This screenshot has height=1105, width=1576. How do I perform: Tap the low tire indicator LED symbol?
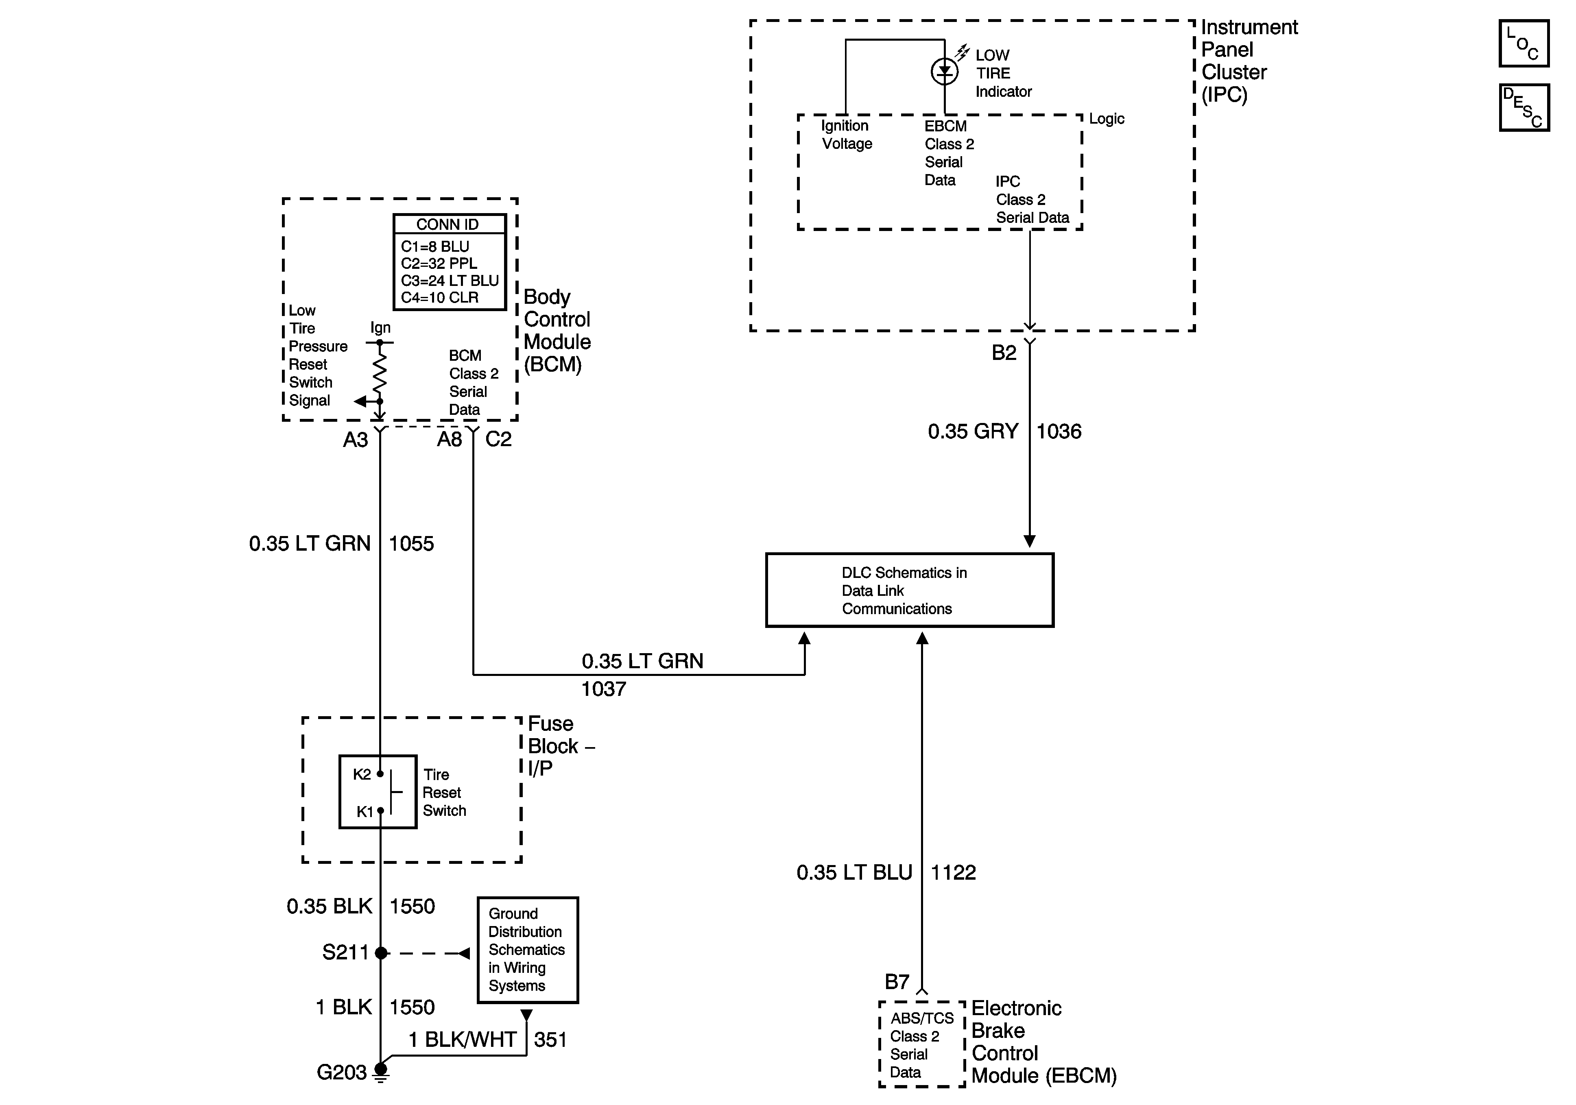pyautogui.click(x=945, y=71)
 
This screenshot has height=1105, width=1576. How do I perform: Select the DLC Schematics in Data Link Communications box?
pyautogui.click(x=910, y=590)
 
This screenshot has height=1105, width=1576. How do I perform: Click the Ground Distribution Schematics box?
pyautogui.click(x=528, y=950)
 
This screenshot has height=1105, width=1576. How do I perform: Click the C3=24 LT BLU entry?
pyautogui.click(x=450, y=281)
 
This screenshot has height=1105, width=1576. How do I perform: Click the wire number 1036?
pyautogui.click(x=1059, y=431)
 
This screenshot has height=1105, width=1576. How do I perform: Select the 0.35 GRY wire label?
pyautogui.click(x=973, y=431)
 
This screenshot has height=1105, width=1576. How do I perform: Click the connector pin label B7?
pyautogui.click(x=897, y=982)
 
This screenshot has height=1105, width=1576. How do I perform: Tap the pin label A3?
pyautogui.click(x=356, y=440)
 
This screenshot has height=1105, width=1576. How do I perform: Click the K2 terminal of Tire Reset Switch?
pyautogui.click(x=380, y=774)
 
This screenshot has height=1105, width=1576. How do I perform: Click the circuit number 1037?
pyautogui.click(x=603, y=689)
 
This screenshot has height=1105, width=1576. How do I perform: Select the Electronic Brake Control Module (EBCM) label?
pyautogui.click(x=1044, y=1042)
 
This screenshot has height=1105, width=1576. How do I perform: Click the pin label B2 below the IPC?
pyautogui.click(x=1004, y=353)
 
